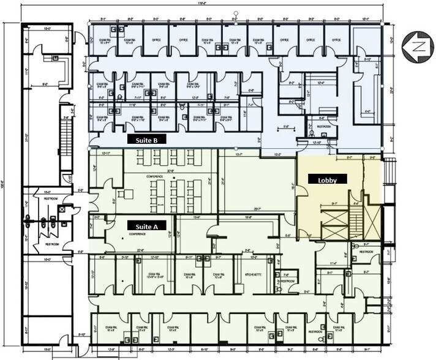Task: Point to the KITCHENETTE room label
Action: (x=253, y=275)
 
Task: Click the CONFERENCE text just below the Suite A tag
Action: (x=137, y=234)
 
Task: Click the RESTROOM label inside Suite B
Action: (x=323, y=127)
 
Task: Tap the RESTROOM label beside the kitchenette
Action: (x=287, y=282)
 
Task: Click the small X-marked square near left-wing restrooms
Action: (x=62, y=209)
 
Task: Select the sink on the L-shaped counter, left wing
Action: (x=56, y=58)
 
